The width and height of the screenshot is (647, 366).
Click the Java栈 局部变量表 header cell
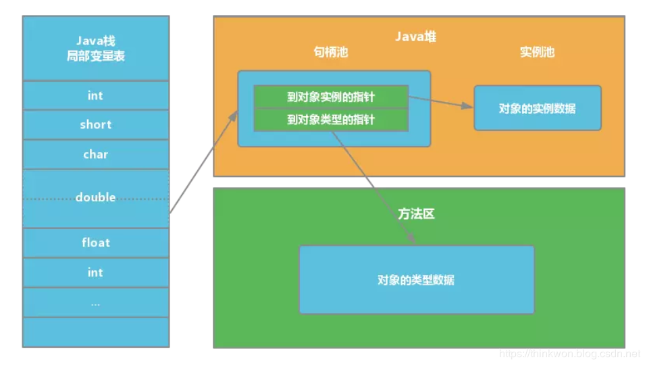[95, 49]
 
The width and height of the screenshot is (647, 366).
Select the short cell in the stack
[95, 125]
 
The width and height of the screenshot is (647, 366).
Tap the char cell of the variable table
[95, 155]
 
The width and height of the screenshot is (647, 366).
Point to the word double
[95, 197]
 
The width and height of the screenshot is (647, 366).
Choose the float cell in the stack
[95, 242]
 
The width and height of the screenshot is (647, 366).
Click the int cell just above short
[95, 95]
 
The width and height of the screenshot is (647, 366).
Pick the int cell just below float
[95, 272]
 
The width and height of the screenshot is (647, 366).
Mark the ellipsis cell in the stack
[95, 303]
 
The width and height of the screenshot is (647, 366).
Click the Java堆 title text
[415, 36]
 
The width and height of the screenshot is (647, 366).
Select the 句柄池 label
[331, 52]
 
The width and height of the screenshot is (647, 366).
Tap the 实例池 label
[537, 52]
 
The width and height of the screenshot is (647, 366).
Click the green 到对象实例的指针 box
[331, 97]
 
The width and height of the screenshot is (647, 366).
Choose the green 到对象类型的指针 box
[331, 120]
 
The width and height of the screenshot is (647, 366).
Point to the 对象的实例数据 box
[537, 108]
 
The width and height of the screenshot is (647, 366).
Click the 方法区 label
[415, 214]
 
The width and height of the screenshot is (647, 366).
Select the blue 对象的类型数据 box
[416, 280]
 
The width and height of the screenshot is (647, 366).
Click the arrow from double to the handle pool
[203, 162]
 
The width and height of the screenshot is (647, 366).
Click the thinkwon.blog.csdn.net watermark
[569, 353]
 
